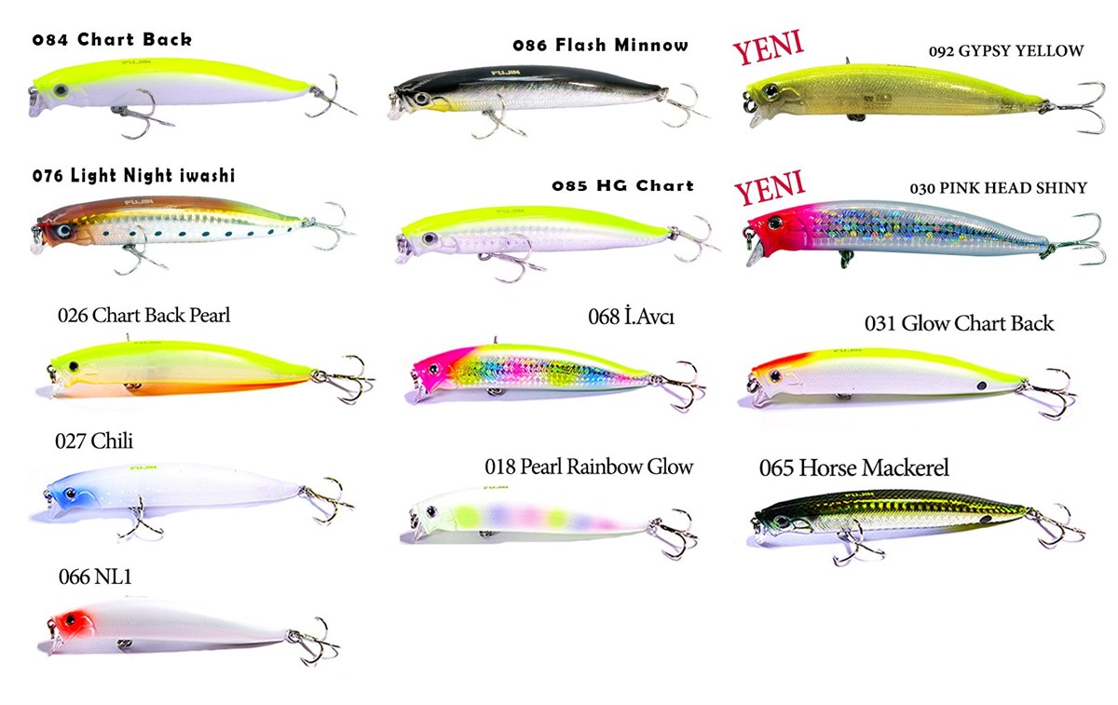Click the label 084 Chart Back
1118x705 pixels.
point(112,39)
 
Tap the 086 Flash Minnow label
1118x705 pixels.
point(600,45)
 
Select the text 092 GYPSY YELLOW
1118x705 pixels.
point(1006,51)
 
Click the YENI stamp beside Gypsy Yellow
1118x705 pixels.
point(768,47)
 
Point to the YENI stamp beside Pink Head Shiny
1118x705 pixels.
point(770,187)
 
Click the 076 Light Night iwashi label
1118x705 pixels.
point(133,176)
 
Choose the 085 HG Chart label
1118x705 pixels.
point(623,186)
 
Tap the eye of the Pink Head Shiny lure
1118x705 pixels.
point(775,223)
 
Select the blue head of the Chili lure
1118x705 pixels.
point(67,496)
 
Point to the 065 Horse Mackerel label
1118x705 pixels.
point(854,468)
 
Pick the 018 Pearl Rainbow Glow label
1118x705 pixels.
point(589,467)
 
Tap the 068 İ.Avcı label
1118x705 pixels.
point(632,317)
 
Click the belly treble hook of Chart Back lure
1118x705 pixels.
point(140,115)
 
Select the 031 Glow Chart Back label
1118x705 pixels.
point(959,323)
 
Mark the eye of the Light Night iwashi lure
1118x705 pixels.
point(64,231)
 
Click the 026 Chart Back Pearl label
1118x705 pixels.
point(143,316)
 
